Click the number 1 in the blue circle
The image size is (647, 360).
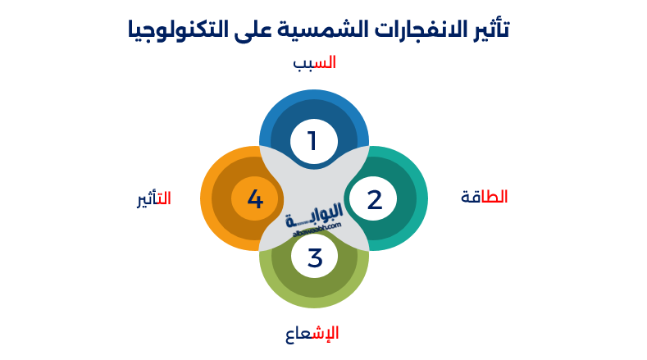point(312,141)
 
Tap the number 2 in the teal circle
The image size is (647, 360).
point(374,199)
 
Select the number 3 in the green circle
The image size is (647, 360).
point(315,257)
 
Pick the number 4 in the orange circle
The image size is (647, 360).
point(255,199)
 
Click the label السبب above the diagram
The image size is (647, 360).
point(315,62)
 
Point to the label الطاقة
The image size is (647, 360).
point(484,197)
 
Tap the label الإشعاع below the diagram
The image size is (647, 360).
point(312,333)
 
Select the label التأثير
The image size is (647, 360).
point(154,198)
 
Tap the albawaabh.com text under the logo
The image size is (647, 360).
point(316,232)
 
